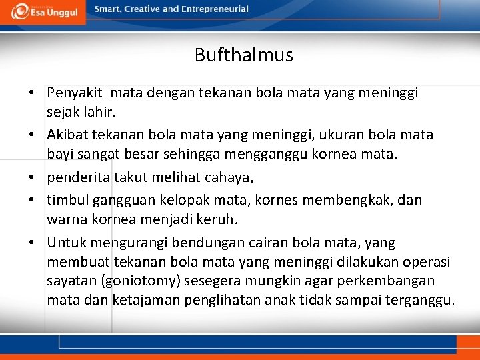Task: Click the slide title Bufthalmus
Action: (243, 55)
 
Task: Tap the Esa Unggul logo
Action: (43, 11)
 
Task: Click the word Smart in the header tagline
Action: (107, 9)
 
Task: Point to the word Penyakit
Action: (75, 93)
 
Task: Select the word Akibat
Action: (67, 135)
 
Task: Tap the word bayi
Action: (59, 155)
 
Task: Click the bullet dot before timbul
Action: (32, 200)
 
